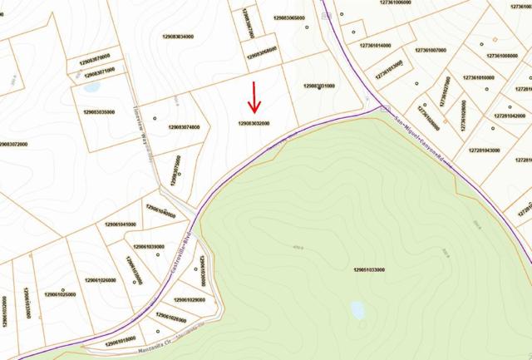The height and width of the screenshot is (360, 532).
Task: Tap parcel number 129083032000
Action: click(x=254, y=123)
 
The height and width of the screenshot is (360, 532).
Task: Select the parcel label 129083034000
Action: click(x=175, y=37)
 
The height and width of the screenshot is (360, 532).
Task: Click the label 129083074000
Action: click(x=183, y=127)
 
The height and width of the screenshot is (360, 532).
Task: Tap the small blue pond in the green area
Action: click(x=357, y=310)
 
